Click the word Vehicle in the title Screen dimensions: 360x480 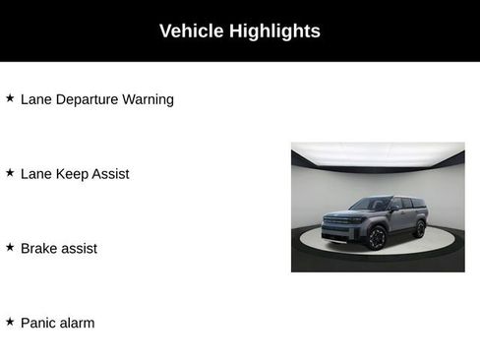pos(192,31)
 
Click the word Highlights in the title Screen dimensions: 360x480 pos(274,31)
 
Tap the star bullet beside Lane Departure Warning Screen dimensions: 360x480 pos(10,98)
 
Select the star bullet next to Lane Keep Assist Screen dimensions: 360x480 pos(10,173)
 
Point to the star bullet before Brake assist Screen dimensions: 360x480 pos(10,248)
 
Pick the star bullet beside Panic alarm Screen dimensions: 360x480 pos(10,322)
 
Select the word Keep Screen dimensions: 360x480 pos(74,174)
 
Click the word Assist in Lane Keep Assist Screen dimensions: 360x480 pos(111,174)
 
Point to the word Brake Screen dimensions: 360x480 pos(39,249)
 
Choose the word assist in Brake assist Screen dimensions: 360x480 pos(80,249)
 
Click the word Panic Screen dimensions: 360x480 pos(39,323)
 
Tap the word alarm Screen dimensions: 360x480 pos(77,323)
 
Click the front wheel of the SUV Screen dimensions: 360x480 pos(377,238)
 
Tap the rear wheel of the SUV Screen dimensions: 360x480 pos(420,229)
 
